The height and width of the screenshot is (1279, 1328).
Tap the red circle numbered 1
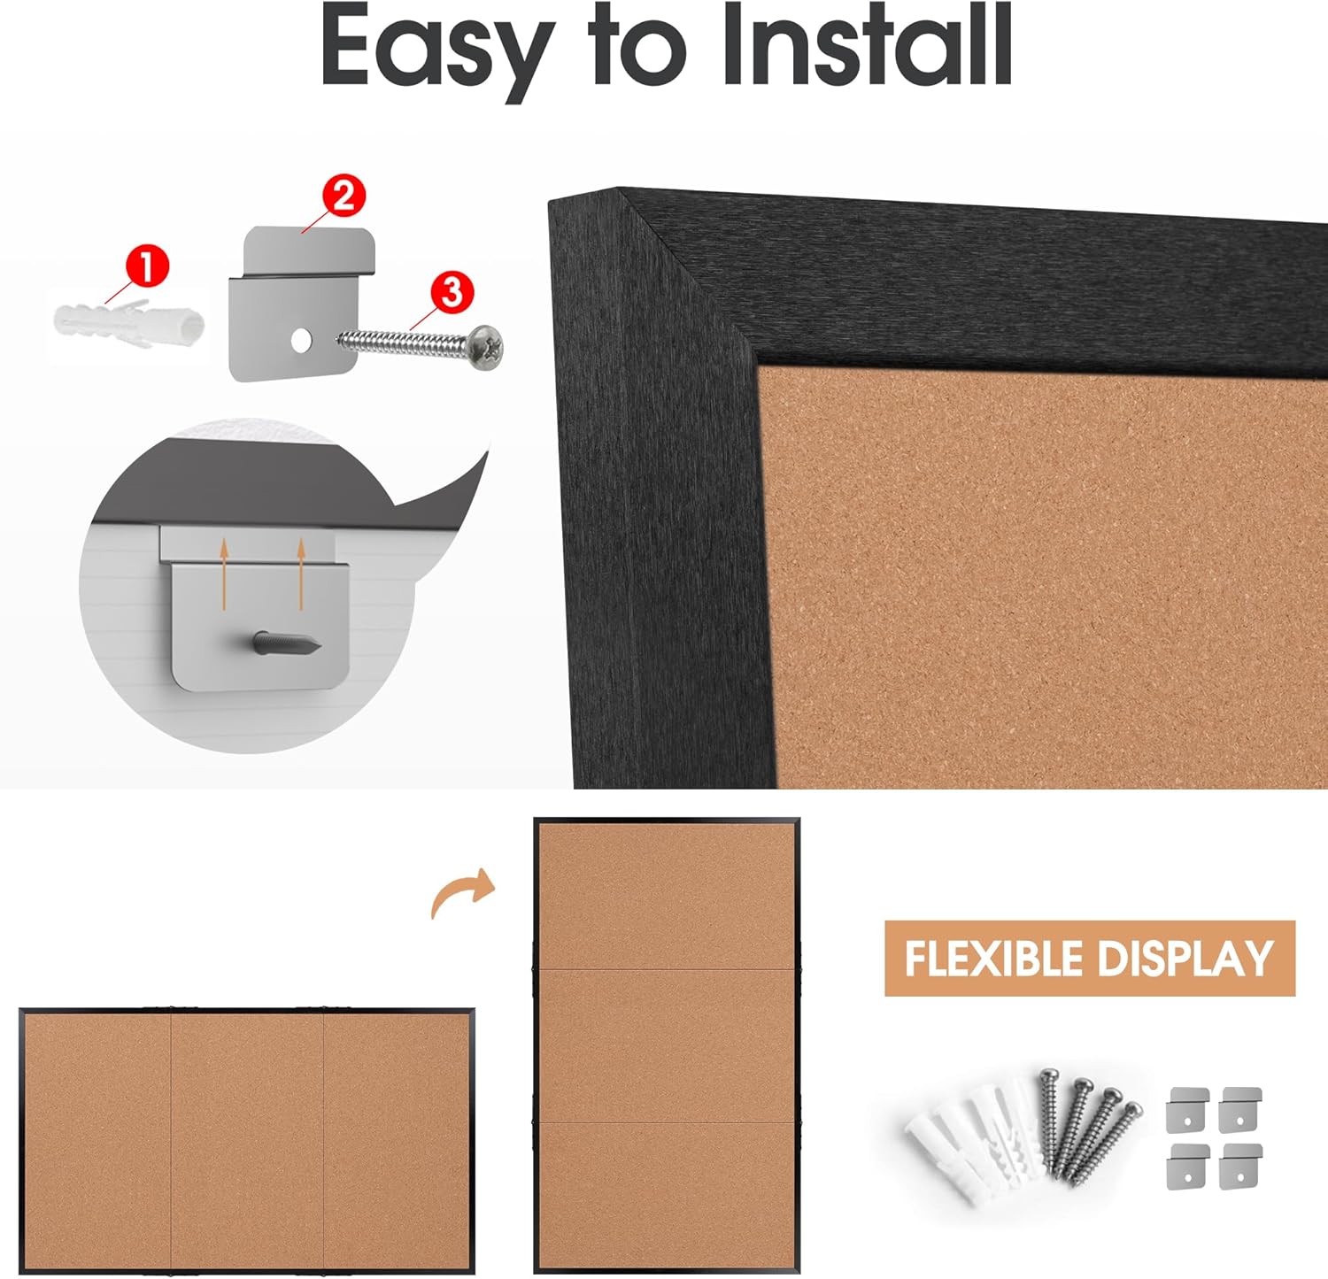click(x=147, y=266)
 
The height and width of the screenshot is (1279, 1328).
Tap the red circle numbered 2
click(x=344, y=196)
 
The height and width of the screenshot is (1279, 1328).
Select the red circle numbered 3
click(x=452, y=291)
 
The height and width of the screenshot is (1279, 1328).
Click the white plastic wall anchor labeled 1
click(x=129, y=324)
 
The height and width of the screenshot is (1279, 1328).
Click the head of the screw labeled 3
click(x=485, y=346)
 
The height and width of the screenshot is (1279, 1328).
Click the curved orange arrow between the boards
click(x=461, y=890)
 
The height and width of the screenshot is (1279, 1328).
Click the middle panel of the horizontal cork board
click(x=247, y=1140)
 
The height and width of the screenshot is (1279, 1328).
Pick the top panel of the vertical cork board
click(x=667, y=896)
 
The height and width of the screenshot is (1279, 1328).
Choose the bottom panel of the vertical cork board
click(x=667, y=1195)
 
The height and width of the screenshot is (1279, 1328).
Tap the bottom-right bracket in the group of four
click(x=1240, y=1166)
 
